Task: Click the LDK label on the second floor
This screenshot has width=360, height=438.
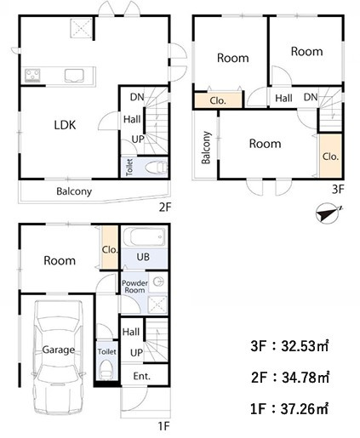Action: pyautogui.click(x=65, y=125)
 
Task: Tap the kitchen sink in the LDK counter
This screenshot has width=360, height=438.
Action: pyautogui.click(x=74, y=76)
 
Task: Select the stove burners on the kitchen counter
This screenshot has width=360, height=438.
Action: pyautogui.click(x=32, y=76)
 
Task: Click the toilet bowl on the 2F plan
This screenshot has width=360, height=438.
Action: pyautogui.click(x=156, y=168)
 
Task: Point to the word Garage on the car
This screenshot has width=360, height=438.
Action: pyautogui.click(x=59, y=350)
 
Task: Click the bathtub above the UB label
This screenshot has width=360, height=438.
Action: pyautogui.click(x=144, y=236)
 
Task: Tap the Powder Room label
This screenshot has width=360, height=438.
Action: pyautogui.click(x=134, y=287)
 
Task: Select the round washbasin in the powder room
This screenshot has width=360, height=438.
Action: pyautogui.click(x=158, y=282)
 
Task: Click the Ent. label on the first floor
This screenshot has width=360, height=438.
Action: pyautogui.click(x=141, y=376)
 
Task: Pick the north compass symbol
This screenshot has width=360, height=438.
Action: pyautogui.click(x=328, y=213)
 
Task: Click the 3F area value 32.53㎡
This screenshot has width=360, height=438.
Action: pyautogui.click(x=305, y=346)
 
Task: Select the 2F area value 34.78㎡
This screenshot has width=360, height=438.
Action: pyautogui.click(x=306, y=378)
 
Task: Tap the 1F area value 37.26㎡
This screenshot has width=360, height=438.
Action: pyautogui.click(x=305, y=409)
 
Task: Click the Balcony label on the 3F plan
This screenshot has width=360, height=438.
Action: pyautogui.click(x=206, y=147)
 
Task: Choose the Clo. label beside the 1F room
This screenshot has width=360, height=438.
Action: pyautogui.click(x=110, y=250)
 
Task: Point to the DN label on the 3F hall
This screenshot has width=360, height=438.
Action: pyautogui.click(x=311, y=97)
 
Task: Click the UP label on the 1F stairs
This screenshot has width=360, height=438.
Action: pyautogui.click(x=136, y=353)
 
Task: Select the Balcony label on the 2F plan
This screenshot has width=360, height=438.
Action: pyautogui.click(x=74, y=191)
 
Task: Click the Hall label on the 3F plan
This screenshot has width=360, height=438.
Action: pyautogui.click(x=283, y=99)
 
